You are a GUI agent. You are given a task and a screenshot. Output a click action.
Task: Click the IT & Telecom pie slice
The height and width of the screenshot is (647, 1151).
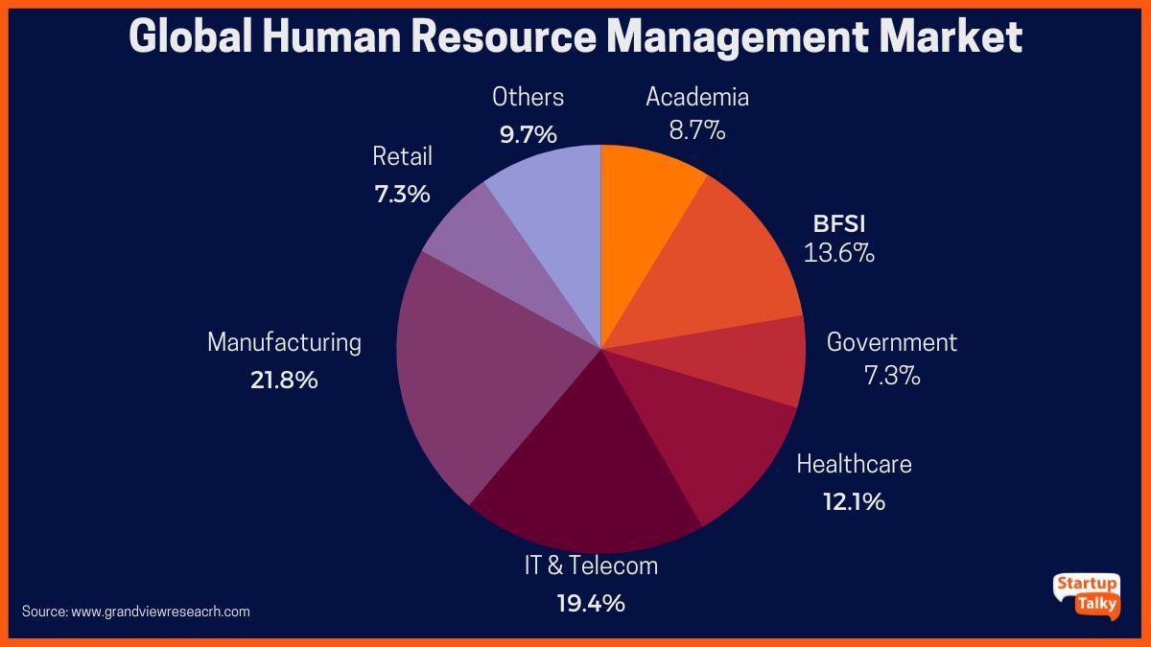coord(585,470)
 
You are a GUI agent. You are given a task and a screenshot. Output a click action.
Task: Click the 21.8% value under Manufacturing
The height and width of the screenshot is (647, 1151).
coord(284,380)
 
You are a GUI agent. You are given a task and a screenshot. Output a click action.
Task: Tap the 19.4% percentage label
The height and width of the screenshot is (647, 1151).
coord(591,603)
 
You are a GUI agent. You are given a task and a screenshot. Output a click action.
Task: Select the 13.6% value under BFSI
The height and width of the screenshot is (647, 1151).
coord(839,254)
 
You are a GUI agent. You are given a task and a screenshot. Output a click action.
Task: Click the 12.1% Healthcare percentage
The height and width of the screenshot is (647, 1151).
coord(854,500)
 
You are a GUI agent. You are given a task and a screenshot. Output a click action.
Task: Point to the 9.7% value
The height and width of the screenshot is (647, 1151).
coord(528,134)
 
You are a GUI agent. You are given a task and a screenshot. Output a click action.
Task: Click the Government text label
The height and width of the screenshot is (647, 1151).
coord(891,342)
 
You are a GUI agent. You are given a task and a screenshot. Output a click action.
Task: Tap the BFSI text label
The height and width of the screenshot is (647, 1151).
coord(839,224)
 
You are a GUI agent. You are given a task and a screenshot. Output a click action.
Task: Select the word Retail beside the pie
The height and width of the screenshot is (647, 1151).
coord(403,156)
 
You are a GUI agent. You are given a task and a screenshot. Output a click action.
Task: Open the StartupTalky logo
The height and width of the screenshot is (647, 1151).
coord(1086,595)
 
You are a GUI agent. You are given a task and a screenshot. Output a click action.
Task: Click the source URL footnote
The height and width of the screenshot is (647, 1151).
coord(136,612)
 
